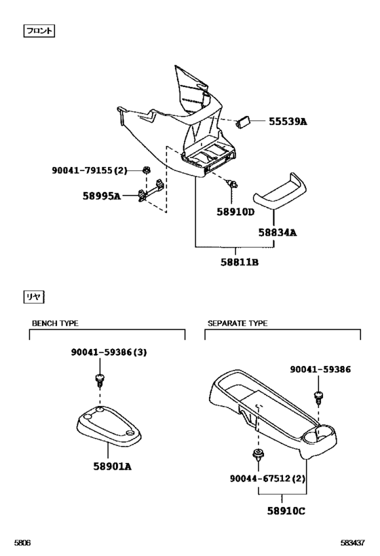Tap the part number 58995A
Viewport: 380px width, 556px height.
102,196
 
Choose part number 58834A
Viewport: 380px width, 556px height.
277,232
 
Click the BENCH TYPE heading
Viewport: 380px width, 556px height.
60,324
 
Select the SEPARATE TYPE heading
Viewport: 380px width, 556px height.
237,324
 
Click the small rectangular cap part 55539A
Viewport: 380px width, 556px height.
243,122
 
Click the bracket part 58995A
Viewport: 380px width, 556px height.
151,193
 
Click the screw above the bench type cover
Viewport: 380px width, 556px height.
100,377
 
